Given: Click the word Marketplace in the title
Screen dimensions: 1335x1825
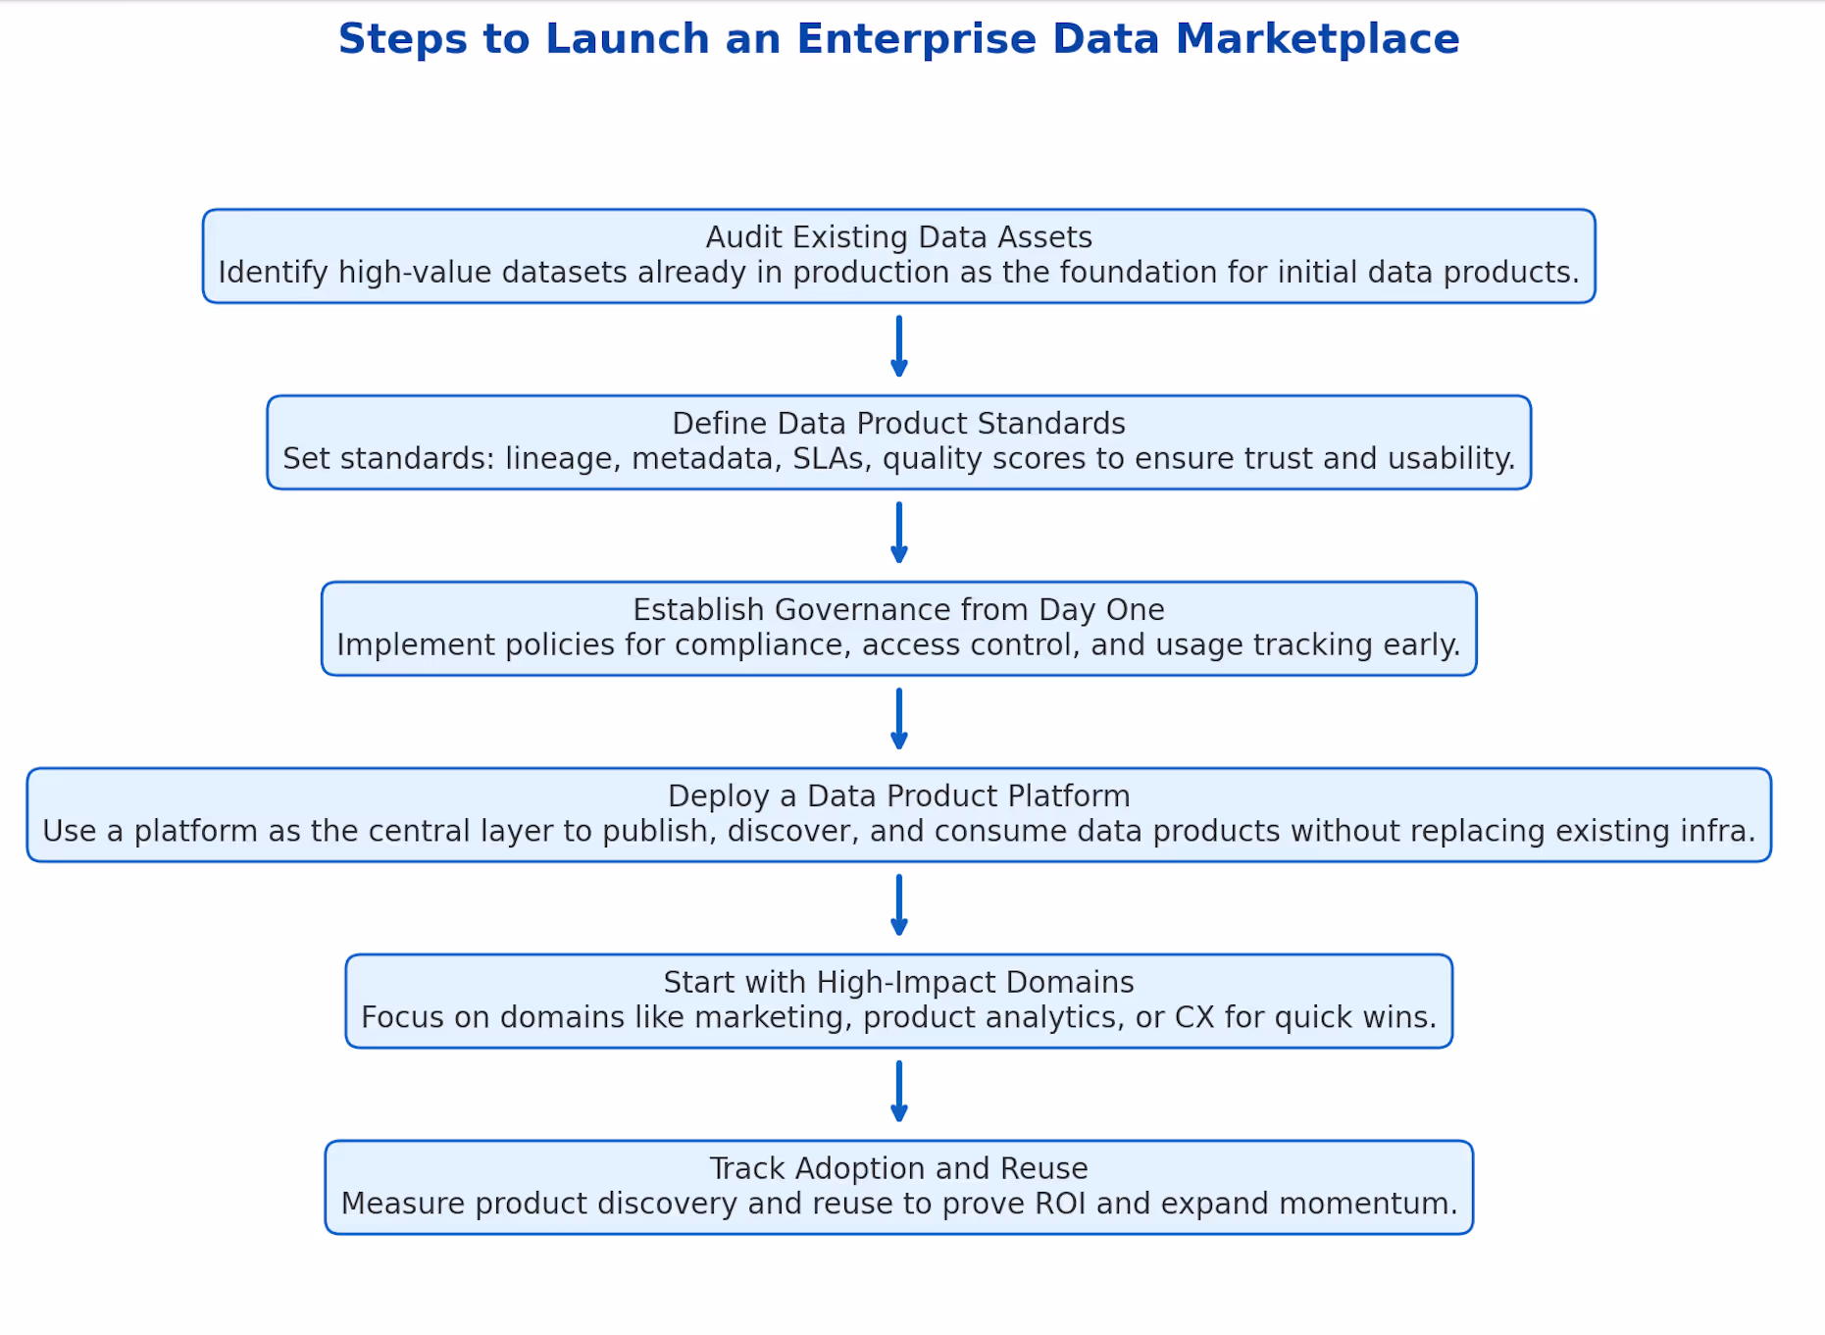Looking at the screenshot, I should [1317, 39].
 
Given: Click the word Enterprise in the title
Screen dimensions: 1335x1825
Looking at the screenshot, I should [916, 39].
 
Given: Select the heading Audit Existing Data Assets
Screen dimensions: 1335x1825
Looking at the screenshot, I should [898, 237].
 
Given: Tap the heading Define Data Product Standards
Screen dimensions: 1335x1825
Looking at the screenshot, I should [898, 424].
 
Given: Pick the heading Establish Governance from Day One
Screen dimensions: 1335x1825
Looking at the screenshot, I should [898, 610].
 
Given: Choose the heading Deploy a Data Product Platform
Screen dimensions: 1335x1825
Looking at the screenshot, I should [898, 796].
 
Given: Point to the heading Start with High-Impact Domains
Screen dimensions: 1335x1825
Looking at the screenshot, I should [898, 983].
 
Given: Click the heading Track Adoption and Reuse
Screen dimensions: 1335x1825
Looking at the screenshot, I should [898, 1169].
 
